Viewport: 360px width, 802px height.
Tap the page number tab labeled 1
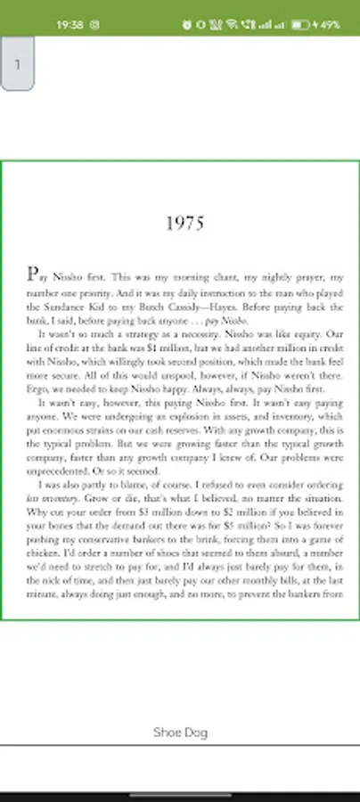coord(18,64)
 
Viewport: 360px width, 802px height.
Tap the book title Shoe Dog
coord(180,732)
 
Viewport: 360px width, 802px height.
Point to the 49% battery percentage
coord(330,25)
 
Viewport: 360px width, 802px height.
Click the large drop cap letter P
coord(32,274)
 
